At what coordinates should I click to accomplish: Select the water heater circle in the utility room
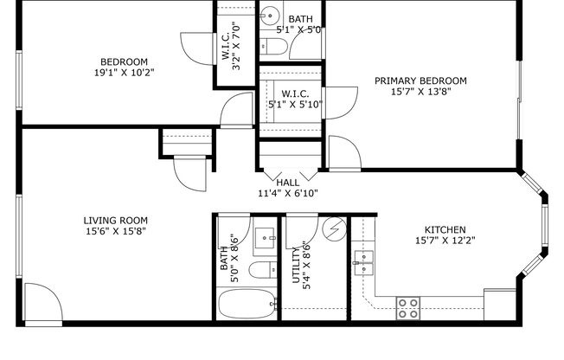click(332, 230)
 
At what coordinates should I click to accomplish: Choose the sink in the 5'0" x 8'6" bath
click(265, 235)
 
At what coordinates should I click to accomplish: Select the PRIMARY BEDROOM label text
click(420, 80)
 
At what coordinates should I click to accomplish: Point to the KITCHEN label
click(445, 229)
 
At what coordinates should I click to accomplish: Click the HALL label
click(287, 183)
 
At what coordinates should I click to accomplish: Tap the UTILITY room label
click(296, 266)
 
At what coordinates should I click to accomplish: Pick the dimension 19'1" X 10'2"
click(124, 73)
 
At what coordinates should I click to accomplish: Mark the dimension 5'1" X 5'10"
click(296, 105)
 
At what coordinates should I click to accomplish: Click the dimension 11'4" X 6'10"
click(287, 194)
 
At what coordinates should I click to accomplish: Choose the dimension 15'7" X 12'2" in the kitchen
click(445, 241)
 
